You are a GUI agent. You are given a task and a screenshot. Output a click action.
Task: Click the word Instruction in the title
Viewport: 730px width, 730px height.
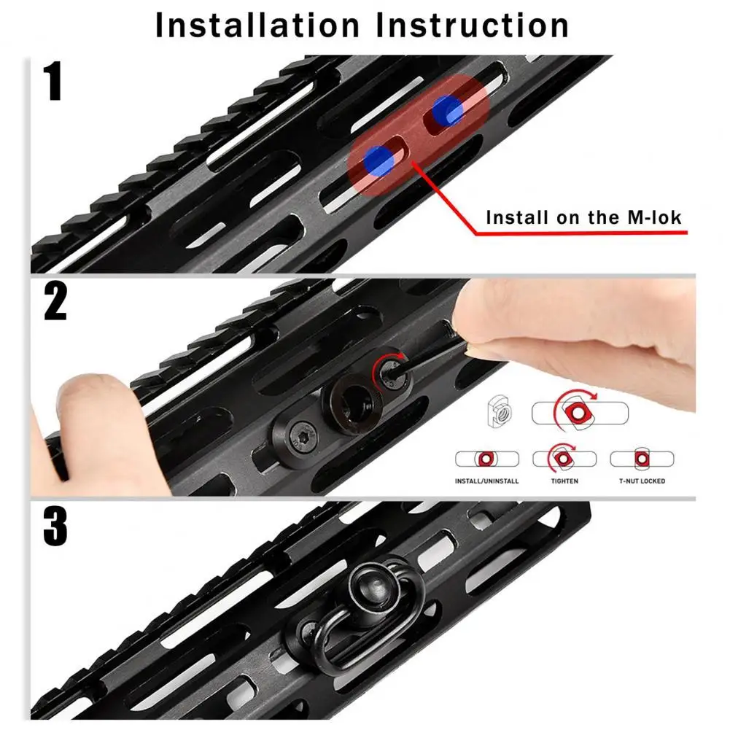point(473,25)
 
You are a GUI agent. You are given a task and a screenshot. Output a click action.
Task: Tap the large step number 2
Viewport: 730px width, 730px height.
point(55,301)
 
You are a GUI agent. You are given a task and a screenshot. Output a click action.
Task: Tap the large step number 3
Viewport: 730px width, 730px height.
point(55,526)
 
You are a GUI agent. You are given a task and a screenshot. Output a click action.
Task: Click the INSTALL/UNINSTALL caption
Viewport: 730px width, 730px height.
point(486,481)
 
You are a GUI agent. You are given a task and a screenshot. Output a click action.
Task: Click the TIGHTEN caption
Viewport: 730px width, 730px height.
point(564,481)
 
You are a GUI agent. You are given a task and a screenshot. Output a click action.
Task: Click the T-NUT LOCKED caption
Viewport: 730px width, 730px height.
point(642,481)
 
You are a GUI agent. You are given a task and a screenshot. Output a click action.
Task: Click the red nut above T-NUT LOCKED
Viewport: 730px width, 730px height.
point(642,459)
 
